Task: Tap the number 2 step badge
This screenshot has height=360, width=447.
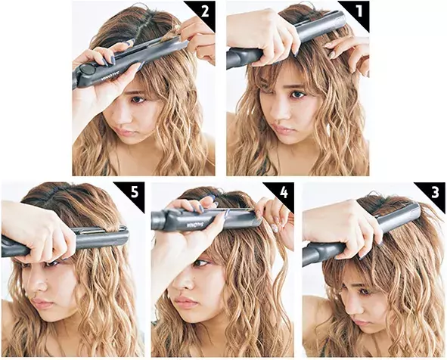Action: (203, 12)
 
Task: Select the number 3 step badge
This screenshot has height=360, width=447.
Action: (434, 192)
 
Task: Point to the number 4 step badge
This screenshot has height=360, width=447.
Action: (282, 192)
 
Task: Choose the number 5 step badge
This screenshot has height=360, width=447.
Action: (132, 192)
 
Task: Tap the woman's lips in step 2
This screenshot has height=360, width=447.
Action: (131, 130)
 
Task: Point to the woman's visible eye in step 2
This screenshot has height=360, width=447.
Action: (140, 98)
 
